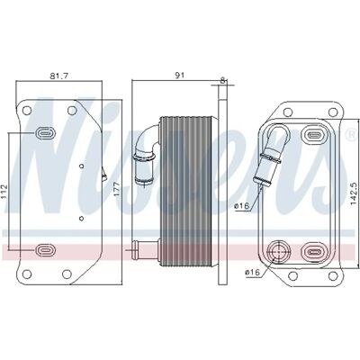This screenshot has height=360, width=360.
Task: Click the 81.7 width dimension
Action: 59,76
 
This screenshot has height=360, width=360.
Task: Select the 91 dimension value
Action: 179,76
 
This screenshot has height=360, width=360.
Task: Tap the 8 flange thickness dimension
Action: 222,80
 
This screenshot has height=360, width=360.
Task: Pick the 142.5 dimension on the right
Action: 354,192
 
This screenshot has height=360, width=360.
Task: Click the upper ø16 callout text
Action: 242,206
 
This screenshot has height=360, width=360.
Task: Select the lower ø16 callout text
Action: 252,273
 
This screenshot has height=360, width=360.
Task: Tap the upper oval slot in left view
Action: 46,132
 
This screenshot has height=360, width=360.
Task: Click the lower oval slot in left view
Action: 46,249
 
